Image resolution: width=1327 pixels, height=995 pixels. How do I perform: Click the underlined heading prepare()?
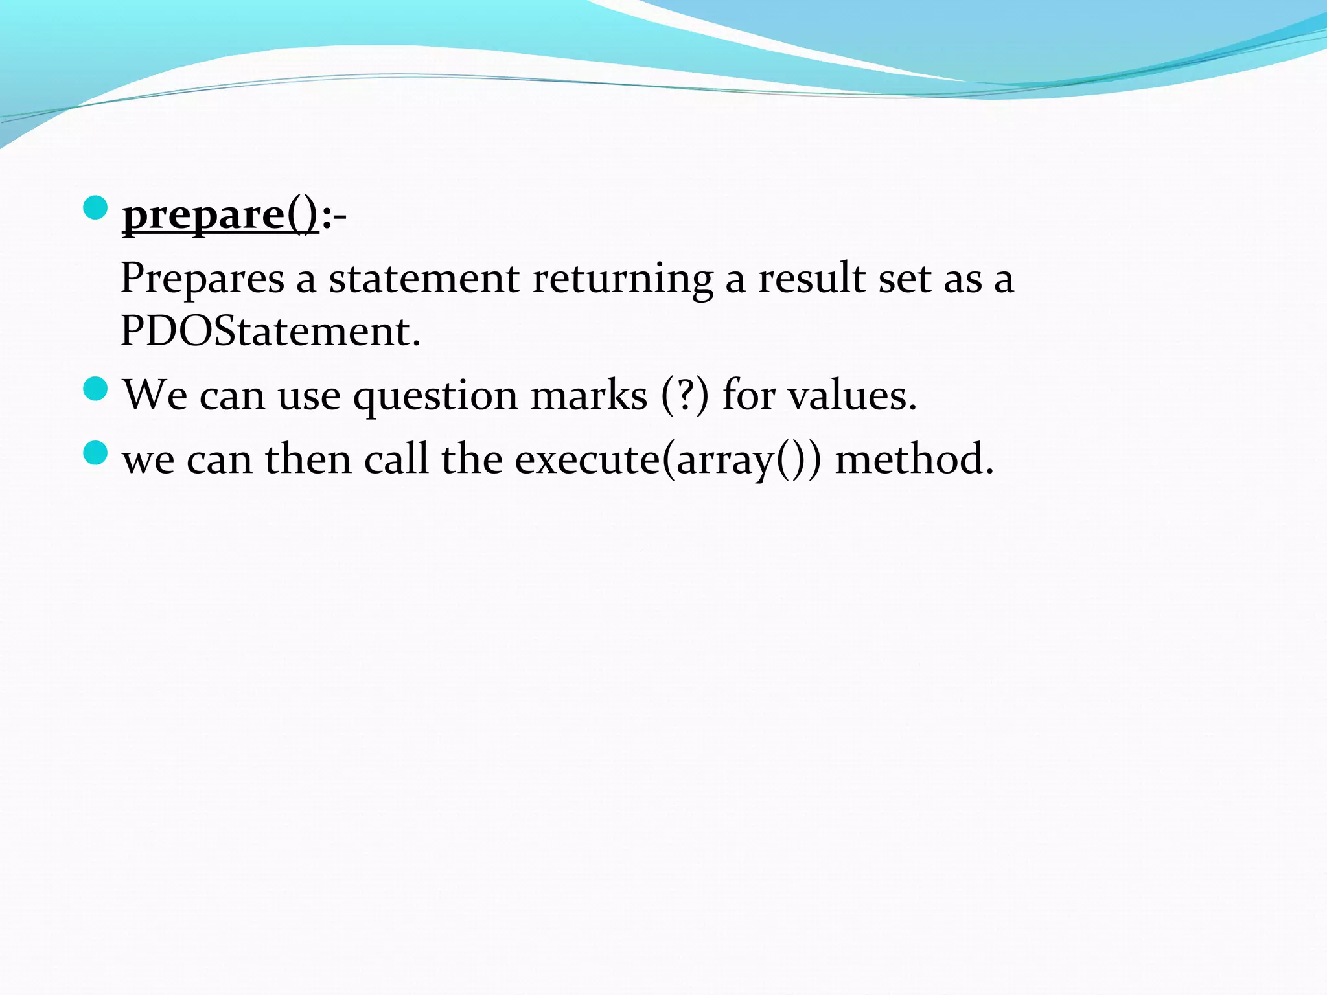tap(220, 215)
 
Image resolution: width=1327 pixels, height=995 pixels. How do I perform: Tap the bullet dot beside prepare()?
tap(95, 208)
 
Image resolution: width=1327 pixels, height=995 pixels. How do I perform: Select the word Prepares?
tap(203, 279)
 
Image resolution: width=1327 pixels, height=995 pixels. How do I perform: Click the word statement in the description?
tap(424, 279)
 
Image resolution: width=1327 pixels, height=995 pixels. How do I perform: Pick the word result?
tap(812, 279)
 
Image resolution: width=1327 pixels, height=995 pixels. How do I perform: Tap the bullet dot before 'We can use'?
tap(95, 389)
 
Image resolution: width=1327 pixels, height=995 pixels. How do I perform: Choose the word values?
tap(852, 395)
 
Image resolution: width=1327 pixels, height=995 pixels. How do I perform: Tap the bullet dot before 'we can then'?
tap(95, 453)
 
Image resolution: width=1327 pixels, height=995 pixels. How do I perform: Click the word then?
tap(308, 459)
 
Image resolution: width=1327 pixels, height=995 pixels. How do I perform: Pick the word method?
tap(914, 459)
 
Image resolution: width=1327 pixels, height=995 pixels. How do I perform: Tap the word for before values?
tap(748, 395)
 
